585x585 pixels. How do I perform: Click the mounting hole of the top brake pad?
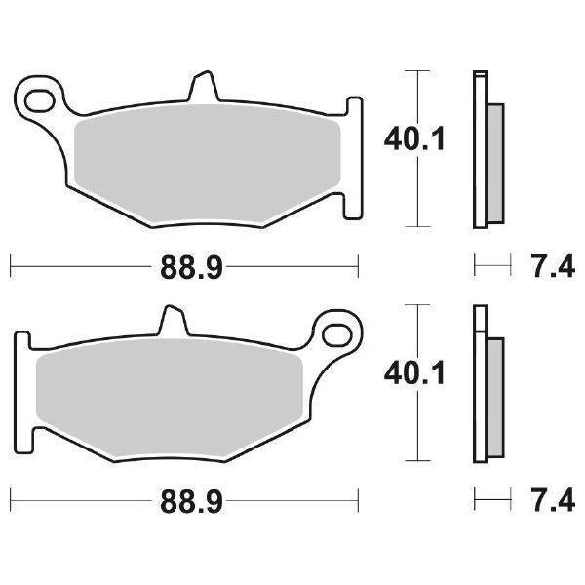pos(42,97)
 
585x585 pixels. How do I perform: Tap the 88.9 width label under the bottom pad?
pos(184,502)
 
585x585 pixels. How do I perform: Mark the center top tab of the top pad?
pos(203,86)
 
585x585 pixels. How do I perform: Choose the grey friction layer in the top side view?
pos(494,160)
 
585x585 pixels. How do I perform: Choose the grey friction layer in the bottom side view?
pos(494,394)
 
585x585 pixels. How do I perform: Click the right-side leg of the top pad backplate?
pos(354,195)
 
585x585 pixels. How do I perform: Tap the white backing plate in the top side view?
pos(479,146)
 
